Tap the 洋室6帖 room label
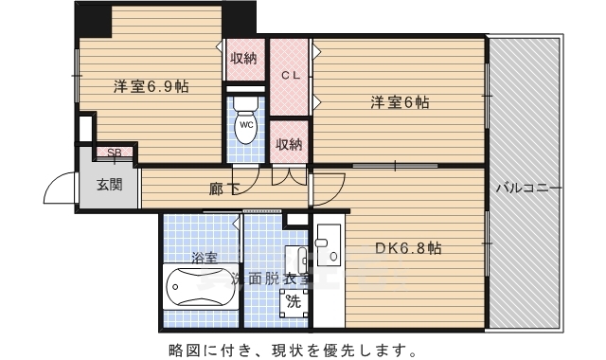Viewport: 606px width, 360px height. point(399,102)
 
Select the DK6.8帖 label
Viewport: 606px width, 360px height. point(408,249)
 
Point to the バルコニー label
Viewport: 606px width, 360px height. point(527,187)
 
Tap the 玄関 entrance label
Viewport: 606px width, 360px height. point(109,186)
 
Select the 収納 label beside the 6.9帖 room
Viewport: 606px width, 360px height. point(243,59)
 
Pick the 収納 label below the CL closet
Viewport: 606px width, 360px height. point(289,144)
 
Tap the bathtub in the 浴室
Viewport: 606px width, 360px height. point(199,288)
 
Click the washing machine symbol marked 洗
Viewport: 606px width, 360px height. point(294,303)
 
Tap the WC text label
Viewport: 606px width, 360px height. point(245,125)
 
